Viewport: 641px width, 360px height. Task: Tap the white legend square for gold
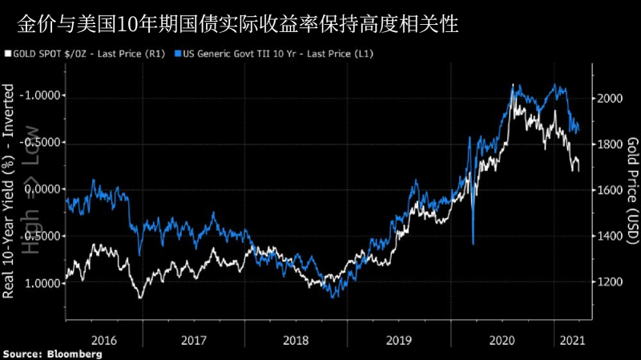point(9,54)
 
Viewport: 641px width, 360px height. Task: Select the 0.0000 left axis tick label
point(42,190)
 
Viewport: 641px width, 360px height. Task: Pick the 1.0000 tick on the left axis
point(42,284)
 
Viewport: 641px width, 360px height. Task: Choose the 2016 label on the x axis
point(104,338)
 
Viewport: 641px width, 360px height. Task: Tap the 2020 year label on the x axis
point(502,338)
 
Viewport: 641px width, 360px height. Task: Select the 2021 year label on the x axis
point(569,338)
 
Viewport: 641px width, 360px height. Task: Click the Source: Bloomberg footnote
point(52,354)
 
